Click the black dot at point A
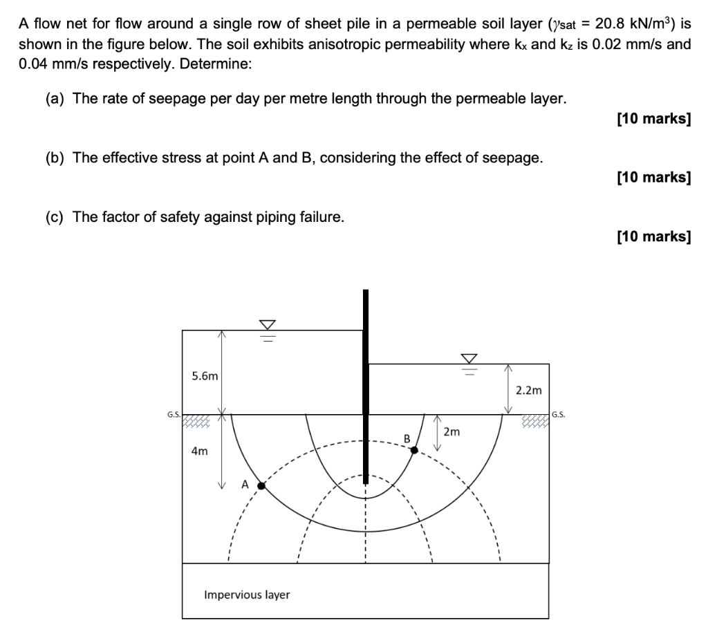point(261,486)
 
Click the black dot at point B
point(414,450)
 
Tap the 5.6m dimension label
point(205,376)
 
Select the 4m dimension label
point(199,451)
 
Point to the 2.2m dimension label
point(529,390)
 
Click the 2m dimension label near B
point(451,433)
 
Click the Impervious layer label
point(247,595)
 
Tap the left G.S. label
point(174,415)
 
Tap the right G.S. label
point(559,415)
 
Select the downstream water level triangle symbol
point(469,358)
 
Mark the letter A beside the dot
point(245,484)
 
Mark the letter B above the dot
point(407,438)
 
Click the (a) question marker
point(55,99)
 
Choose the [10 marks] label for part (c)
point(653,237)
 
